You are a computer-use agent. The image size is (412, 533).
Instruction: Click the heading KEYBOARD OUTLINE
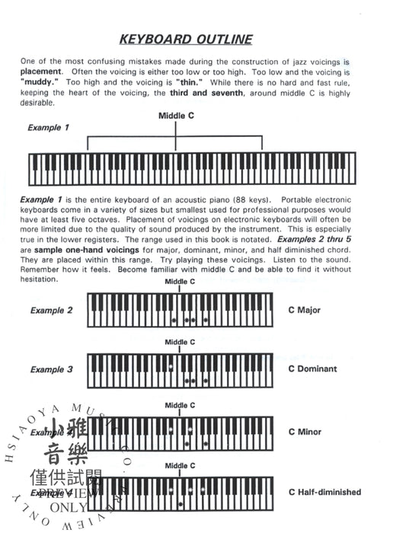187,39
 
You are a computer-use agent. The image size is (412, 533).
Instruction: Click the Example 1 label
49,128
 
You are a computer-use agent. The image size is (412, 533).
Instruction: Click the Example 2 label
52,311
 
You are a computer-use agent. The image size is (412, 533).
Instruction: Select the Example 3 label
52,370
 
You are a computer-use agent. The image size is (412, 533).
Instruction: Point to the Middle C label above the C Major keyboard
180,282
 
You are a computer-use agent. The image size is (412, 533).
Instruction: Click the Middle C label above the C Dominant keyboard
180,342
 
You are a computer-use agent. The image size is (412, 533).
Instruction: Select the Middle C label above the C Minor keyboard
180,405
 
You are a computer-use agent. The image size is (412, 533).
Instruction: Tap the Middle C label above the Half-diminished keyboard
180,465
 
